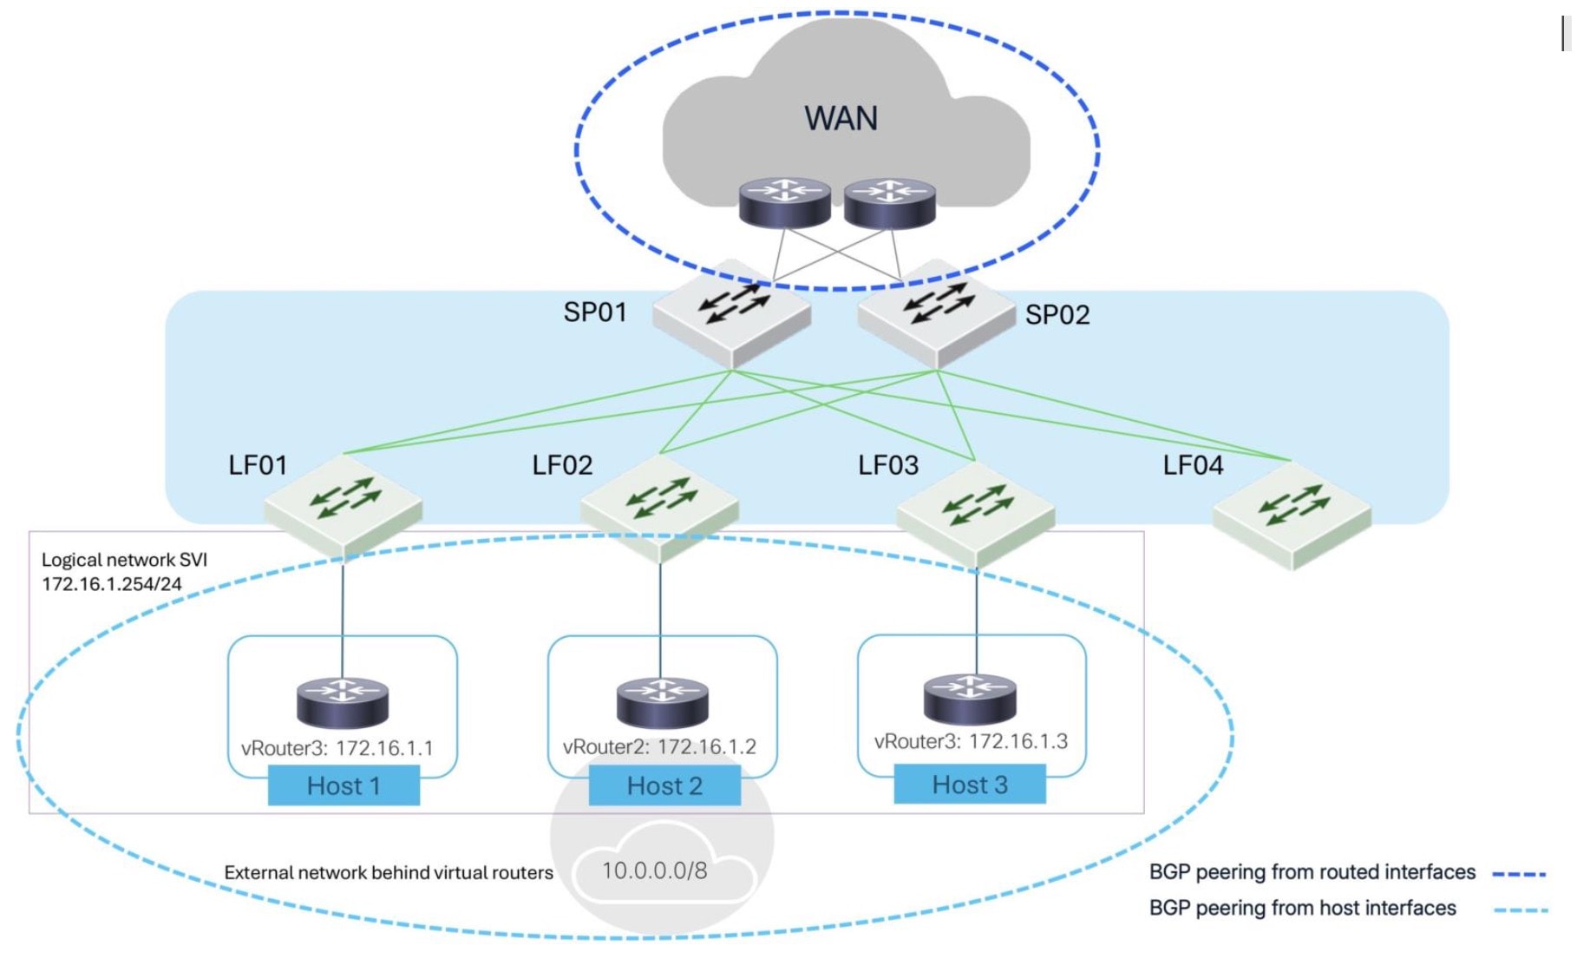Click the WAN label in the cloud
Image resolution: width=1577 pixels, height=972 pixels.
tap(841, 118)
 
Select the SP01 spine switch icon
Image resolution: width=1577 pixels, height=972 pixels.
tap(732, 312)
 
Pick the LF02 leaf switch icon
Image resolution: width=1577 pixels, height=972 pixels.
tap(660, 508)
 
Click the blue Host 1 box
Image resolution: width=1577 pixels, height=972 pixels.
tap(344, 785)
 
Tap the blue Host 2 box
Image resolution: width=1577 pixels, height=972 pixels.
tap(664, 785)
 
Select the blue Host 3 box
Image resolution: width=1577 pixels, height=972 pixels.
tap(970, 785)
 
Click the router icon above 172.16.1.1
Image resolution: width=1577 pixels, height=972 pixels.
tap(343, 702)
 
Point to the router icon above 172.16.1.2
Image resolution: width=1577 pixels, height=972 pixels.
tap(663, 702)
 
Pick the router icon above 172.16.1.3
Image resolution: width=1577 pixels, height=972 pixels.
tap(970, 698)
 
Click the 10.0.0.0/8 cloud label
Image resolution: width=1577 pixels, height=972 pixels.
tap(655, 870)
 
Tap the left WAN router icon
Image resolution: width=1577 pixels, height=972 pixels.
tap(785, 203)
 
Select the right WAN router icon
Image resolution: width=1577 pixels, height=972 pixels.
tap(890, 203)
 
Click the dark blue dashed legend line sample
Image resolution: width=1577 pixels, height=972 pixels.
tap(1520, 874)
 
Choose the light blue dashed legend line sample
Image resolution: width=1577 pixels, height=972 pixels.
tap(1520, 910)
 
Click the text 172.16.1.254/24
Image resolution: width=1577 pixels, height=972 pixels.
tap(112, 584)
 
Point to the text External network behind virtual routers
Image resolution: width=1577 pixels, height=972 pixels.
tap(389, 873)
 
